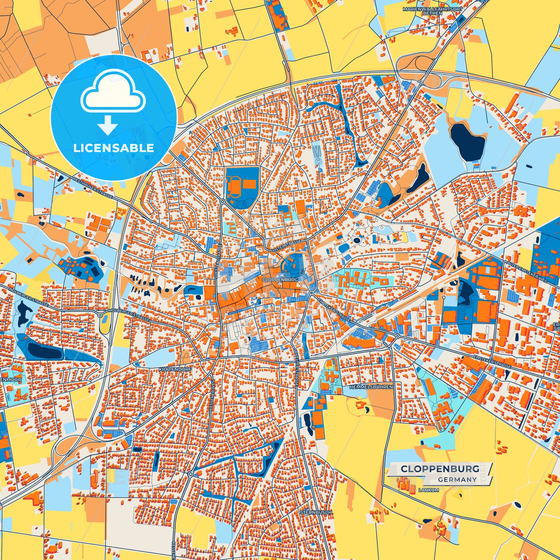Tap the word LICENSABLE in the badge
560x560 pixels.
(114, 148)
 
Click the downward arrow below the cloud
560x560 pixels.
(107, 125)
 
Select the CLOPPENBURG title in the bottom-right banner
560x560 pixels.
(439, 469)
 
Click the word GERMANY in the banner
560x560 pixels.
(457, 480)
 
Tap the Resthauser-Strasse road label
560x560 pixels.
(93, 188)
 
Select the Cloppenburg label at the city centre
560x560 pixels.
(280, 279)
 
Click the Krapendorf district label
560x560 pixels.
(175, 370)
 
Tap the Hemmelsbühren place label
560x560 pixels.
(371, 387)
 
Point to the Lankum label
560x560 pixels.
(429, 490)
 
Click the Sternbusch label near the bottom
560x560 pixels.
(316, 512)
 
